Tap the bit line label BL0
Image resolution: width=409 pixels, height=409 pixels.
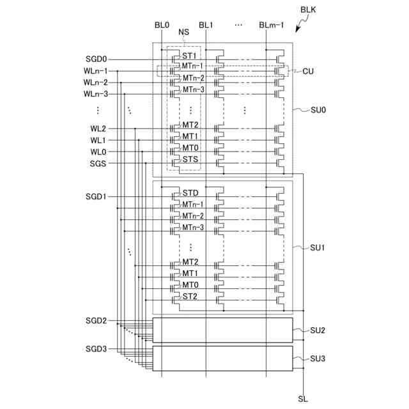162,25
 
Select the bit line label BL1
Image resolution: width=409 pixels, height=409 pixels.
205,25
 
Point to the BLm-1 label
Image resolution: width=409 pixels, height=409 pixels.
272,25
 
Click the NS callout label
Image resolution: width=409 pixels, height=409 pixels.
183,32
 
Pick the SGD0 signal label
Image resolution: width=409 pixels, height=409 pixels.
96,59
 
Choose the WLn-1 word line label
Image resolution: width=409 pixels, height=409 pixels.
95,71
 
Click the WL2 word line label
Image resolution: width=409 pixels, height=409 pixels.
98,128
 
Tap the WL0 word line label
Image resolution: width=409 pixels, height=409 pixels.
98,151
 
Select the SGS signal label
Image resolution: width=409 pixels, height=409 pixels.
98,163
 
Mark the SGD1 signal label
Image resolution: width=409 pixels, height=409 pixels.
96,196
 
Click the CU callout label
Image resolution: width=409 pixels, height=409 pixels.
308,71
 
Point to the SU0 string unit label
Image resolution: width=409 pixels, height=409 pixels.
318,110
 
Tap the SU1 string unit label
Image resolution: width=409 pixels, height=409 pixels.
318,247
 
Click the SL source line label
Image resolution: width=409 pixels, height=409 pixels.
303,399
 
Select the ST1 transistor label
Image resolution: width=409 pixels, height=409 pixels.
189,56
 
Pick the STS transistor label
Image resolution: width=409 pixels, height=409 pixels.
190,159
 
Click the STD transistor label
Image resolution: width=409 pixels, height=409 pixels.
190,192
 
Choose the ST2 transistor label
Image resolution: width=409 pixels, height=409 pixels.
190,296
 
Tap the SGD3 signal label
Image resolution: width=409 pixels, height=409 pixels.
96,349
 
